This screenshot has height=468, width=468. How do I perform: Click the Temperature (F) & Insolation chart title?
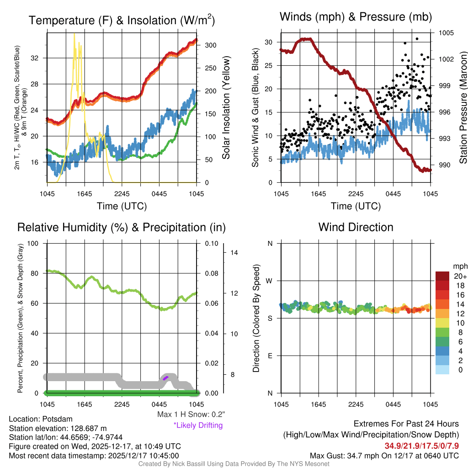click(122, 20)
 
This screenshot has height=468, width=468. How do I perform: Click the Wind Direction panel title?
click(356, 227)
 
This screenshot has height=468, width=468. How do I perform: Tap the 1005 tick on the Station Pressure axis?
click(446, 33)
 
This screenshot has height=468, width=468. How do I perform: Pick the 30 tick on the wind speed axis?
click(269, 42)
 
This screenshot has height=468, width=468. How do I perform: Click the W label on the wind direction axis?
click(270, 281)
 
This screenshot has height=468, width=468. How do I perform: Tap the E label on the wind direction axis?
click(270, 356)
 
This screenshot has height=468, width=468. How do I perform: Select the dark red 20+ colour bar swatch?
click(442, 276)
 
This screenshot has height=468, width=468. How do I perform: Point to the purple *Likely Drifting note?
click(198, 425)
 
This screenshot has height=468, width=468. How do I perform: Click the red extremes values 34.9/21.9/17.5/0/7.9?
click(421, 446)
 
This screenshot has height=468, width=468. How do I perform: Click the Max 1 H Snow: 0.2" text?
click(191, 415)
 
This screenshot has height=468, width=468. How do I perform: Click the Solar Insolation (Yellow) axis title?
click(226, 108)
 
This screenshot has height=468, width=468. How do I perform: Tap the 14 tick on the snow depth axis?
click(233, 252)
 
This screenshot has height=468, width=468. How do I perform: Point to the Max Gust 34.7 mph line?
click(384, 456)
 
